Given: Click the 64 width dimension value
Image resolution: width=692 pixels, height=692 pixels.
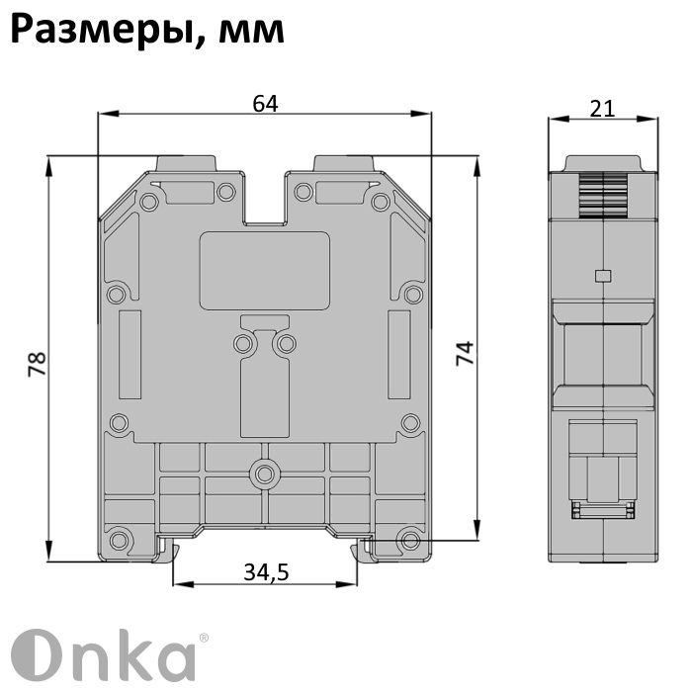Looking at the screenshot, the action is [x=265, y=104].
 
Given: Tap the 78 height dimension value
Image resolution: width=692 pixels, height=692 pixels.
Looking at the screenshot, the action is [x=38, y=364].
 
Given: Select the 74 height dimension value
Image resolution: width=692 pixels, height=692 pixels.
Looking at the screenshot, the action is [x=465, y=353].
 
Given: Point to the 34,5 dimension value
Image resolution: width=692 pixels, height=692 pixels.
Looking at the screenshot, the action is [x=266, y=572].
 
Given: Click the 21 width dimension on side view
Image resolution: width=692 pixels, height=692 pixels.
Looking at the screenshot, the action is [x=602, y=109].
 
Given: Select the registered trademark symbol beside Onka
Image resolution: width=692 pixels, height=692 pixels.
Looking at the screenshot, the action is [x=204, y=638].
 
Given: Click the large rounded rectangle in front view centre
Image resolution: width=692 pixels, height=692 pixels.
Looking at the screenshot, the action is [x=265, y=271].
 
